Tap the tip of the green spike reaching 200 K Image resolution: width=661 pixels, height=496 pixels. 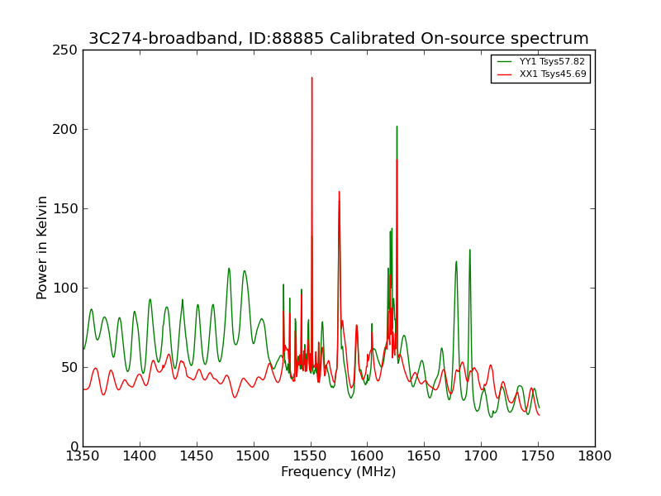(x=397, y=126)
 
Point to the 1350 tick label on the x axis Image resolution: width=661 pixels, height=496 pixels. (x=83, y=456)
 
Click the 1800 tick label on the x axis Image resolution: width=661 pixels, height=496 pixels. (x=595, y=456)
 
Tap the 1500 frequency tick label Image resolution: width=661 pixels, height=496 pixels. (x=254, y=456)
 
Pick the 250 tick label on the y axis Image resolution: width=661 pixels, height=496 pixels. (x=65, y=50)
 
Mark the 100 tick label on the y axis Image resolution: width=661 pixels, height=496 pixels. (x=65, y=288)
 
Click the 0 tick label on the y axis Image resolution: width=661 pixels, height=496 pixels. (x=74, y=446)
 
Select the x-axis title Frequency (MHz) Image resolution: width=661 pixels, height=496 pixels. (x=339, y=472)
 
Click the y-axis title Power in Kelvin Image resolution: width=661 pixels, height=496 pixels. (x=42, y=248)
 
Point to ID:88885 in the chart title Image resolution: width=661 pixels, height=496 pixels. (x=286, y=38)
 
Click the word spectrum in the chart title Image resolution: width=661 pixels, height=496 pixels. (x=549, y=39)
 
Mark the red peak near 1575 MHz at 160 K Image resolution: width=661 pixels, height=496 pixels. (x=339, y=192)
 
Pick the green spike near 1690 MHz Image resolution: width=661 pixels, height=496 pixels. (x=469, y=250)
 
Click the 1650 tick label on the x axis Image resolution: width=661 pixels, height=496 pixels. (x=424, y=456)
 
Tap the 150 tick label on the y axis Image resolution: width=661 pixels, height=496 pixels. (x=65, y=209)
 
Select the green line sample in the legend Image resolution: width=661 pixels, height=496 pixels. (x=505, y=61)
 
